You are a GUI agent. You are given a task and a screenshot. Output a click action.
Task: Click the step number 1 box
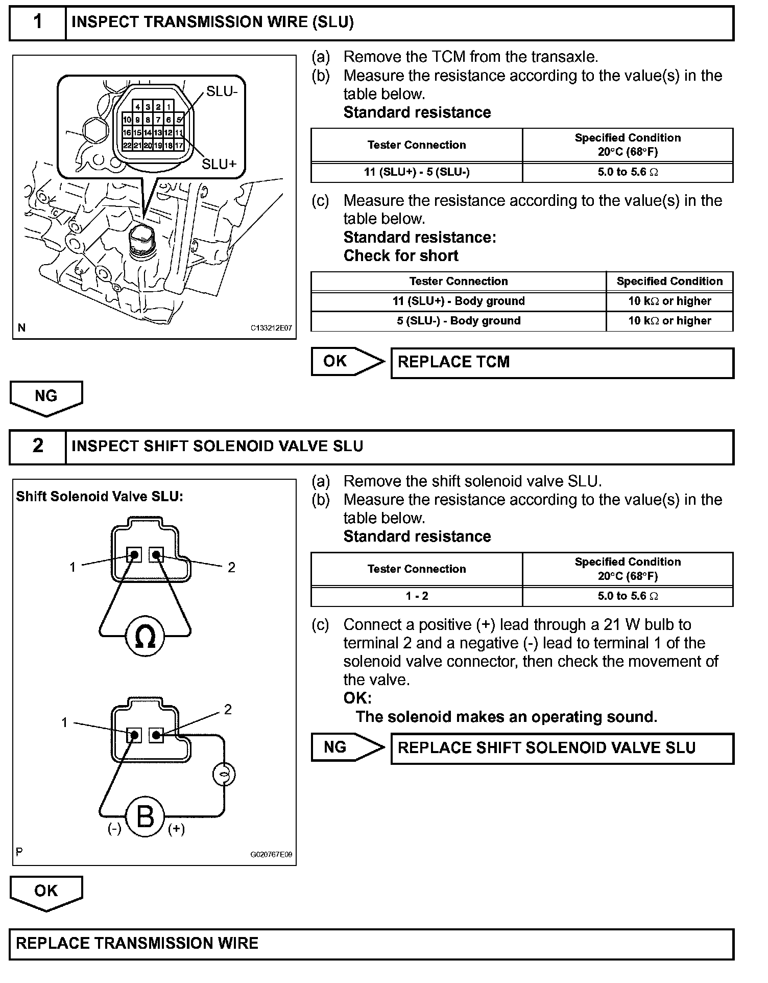pos(38,22)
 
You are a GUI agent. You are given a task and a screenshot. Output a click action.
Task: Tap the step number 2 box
pos(38,446)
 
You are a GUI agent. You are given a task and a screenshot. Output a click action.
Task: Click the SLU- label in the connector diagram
pos(222,91)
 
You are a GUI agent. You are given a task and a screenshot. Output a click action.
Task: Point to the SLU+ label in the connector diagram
pos(219,164)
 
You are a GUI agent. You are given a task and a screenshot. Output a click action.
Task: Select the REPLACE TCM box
pos(562,363)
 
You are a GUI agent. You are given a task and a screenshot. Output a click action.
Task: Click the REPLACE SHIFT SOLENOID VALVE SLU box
pos(562,748)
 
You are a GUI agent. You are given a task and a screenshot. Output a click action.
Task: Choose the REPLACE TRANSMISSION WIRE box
pos(371,943)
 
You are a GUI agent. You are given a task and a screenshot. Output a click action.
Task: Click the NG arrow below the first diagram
pos(46,397)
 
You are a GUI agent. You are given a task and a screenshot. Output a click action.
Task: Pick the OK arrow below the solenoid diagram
pos(46,893)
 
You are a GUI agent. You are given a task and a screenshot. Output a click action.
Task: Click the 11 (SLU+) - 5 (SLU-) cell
pos(417,172)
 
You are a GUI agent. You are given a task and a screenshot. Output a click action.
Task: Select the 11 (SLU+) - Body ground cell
pos(458,301)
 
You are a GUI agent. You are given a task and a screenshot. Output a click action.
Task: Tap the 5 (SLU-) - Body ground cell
pos(458,321)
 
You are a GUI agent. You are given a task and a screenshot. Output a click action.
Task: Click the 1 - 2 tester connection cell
pos(417,596)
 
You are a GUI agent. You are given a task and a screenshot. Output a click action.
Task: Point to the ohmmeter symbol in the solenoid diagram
pos(145,636)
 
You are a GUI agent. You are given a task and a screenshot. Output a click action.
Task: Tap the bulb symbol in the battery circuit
pos(224,775)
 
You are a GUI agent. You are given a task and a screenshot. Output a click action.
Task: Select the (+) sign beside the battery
pos(176,829)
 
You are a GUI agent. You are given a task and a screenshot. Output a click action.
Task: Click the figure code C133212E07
pos(271,328)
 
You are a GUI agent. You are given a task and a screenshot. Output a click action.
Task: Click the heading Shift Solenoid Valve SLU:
pos(99,497)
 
